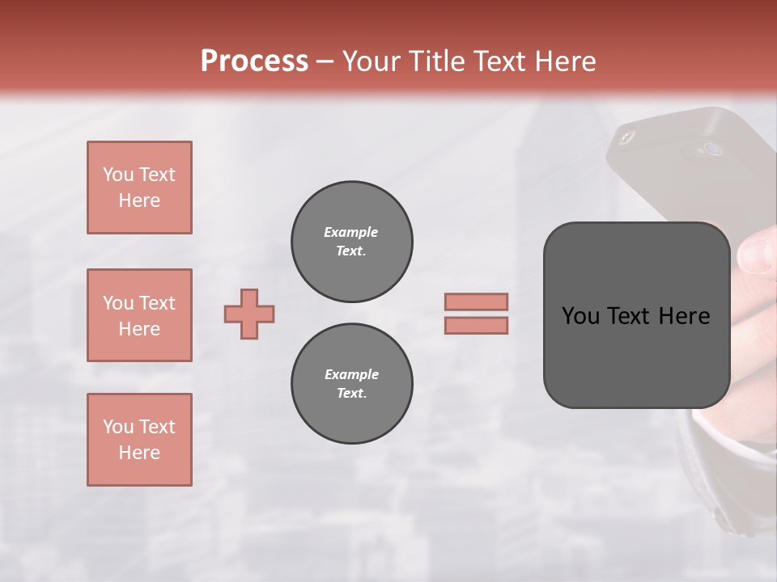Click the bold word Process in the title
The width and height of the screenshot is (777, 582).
tap(254, 61)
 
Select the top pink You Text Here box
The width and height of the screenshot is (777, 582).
tap(139, 188)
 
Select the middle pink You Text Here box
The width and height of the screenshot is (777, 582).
tap(139, 315)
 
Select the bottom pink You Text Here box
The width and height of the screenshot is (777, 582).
tap(139, 440)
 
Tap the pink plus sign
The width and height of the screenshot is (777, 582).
tap(249, 314)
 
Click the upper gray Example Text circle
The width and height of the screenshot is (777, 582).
tap(351, 242)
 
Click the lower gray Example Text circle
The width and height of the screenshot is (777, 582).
tap(351, 384)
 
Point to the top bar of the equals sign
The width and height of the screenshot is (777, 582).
tap(476, 302)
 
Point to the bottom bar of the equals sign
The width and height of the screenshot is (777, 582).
tap(476, 326)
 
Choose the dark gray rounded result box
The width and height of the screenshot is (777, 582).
tap(636, 315)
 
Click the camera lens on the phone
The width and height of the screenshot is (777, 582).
tap(712, 149)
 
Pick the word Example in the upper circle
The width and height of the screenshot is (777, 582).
tap(351, 232)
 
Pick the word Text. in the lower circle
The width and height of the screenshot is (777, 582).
tap(351, 394)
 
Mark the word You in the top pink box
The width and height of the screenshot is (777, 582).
tap(118, 175)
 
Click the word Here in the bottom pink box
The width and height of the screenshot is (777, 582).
tap(139, 453)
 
